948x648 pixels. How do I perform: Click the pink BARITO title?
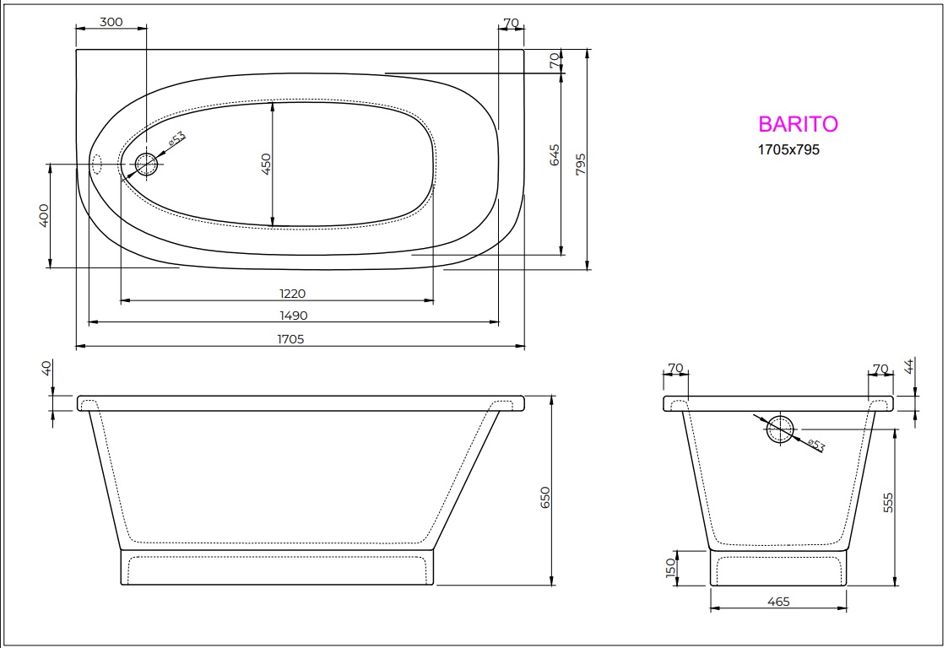tap(798, 124)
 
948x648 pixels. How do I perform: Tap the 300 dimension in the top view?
tap(111, 22)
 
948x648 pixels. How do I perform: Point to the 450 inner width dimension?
tap(265, 164)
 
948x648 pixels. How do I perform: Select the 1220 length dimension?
tap(293, 293)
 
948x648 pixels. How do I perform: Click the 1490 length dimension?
tap(293, 316)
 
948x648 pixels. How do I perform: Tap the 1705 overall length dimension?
tap(293, 339)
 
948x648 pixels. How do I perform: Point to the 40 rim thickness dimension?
tap(46, 369)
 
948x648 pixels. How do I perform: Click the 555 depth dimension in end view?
tap(888, 502)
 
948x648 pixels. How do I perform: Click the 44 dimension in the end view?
tap(909, 366)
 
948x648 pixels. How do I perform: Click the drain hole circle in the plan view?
tap(147, 164)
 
